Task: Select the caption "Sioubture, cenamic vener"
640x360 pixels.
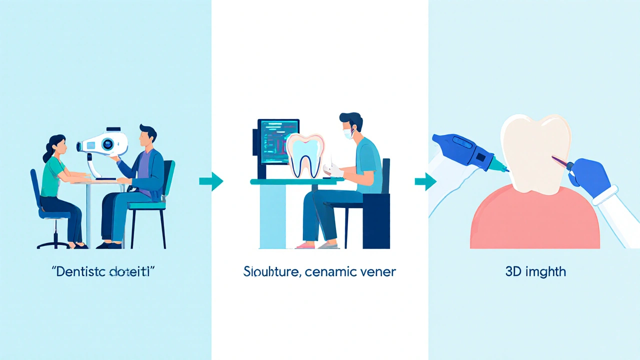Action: pos(319,272)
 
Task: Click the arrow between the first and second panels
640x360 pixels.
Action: pos(211,181)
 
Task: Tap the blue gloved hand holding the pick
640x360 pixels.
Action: pos(592,177)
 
